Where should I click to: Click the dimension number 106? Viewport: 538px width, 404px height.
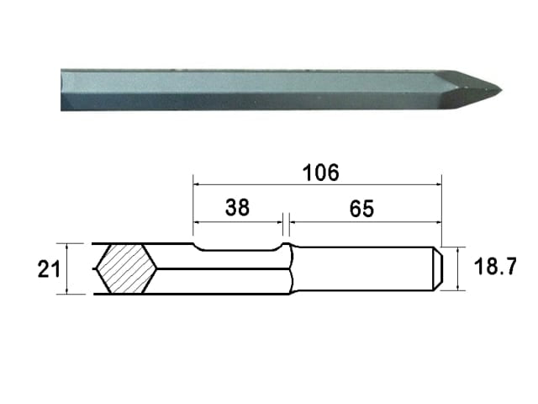[321, 173]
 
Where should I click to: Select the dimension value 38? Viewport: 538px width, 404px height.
[237, 208]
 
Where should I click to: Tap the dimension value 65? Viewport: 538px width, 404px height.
[361, 209]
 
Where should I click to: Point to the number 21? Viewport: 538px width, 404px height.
[49, 269]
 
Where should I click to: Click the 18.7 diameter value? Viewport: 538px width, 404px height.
[495, 266]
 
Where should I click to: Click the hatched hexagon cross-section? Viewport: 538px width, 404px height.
[127, 268]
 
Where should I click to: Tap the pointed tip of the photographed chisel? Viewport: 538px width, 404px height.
[501, 91]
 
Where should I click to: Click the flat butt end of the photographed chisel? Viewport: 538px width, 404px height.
[61, 90]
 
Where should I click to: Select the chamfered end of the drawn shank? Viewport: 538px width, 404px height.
[438, 268]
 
